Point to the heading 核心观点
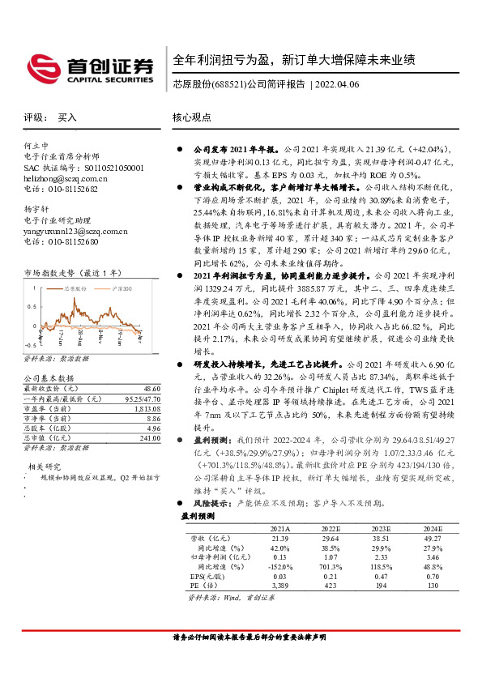pyautogui.click(x=193, y=117)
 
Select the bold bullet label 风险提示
pyautogui.click(x=212, y=502)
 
